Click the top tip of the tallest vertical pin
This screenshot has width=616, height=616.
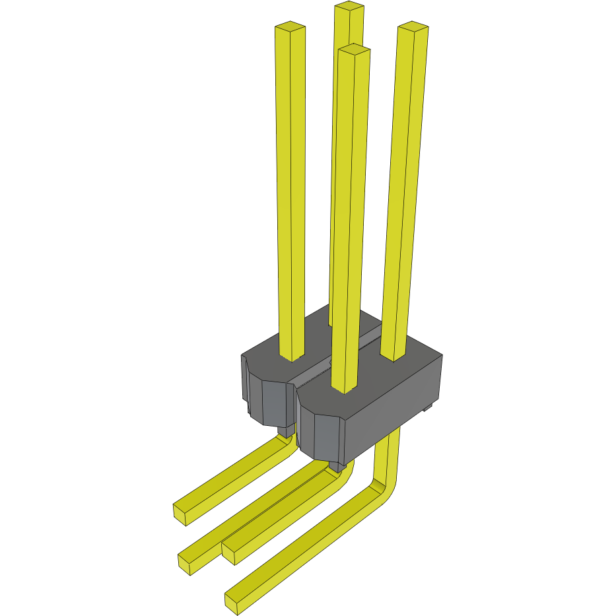click(x=349, y=7)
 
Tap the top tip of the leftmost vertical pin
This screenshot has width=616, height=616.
click(x=290, y=28)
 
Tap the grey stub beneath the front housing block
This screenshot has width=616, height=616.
click(x=337, y=467)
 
